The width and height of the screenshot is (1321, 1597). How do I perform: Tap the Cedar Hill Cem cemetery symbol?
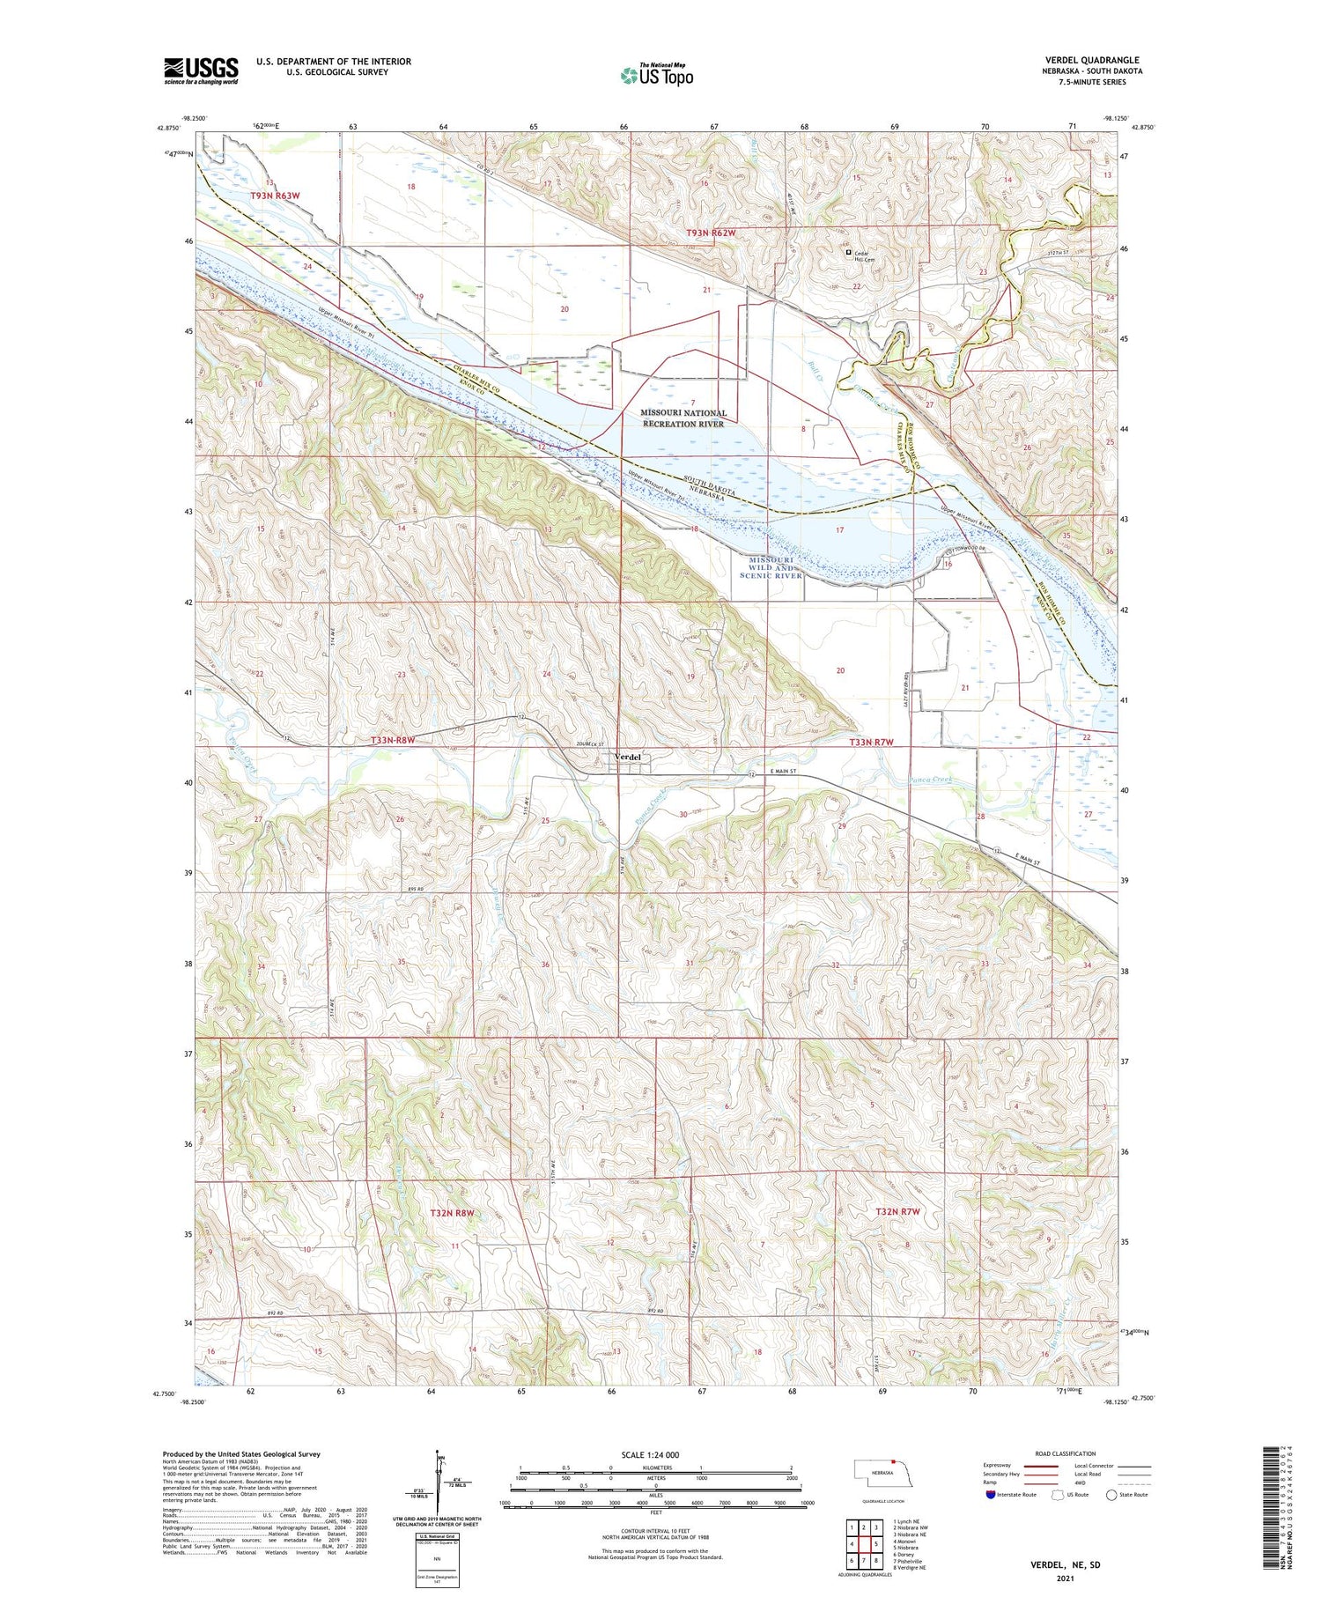[848, 253]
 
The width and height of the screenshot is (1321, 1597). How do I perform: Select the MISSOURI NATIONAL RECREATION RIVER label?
[683, 418]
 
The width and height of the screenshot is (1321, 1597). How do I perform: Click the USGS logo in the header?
[201, 70]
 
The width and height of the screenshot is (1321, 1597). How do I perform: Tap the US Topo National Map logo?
[656, 75]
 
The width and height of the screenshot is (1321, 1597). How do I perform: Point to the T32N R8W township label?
[452, 1213]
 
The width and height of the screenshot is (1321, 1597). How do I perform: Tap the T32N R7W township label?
[897, 1212]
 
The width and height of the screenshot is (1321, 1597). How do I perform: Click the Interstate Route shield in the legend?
[992, 1495]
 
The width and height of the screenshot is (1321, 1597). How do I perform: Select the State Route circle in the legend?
[1111, 1495]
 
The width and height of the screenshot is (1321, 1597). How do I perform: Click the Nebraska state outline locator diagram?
[882, 1472]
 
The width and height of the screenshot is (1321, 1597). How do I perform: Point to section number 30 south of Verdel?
[683, 815]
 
